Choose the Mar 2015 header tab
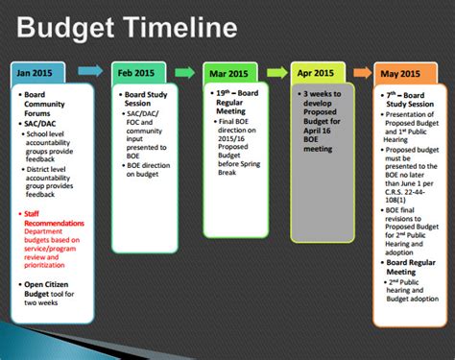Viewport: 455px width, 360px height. (x=230, y=72)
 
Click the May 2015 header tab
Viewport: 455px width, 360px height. (x=400, y=72)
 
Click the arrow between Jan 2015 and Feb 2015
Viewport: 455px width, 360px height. (x=90, y=71)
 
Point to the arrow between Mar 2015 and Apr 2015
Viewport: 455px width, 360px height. (x=275, y=71)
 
